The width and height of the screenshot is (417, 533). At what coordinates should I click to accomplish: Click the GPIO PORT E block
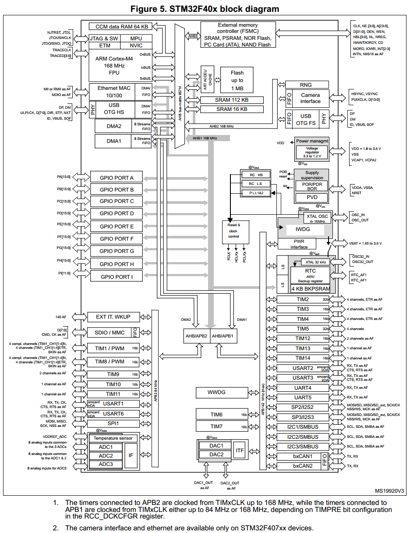[116, 226]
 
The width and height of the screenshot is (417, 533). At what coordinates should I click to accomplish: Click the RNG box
[306, 85]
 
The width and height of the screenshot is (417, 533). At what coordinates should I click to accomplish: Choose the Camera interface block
[310, 98]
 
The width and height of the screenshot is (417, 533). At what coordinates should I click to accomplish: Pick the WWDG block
[216, 392]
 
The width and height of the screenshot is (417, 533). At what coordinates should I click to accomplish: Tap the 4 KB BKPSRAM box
[311, 289]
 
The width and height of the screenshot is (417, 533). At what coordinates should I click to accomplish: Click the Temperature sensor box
[113, 438]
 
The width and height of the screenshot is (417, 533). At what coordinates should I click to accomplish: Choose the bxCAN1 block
[303, 456]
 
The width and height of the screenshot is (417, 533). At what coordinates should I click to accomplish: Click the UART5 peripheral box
[303, 398]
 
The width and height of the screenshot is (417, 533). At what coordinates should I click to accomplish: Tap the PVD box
[312, 197]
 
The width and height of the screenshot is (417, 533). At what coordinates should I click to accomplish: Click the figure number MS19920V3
[389, 491]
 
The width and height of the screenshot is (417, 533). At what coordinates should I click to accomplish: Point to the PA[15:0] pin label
[63, 177]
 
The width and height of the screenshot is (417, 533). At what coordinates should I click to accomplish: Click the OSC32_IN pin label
[360, 256]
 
